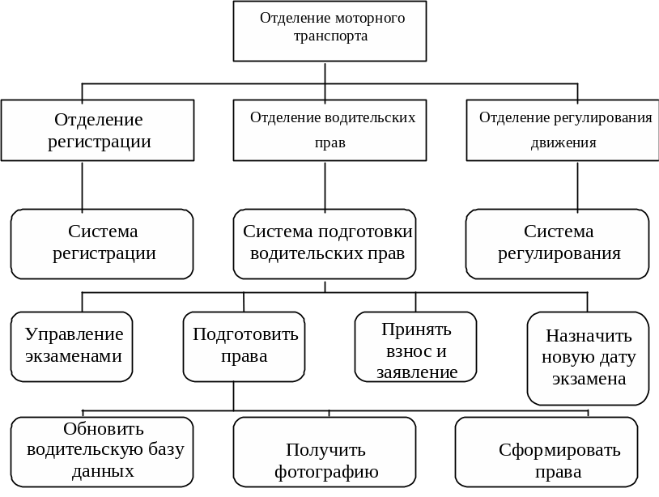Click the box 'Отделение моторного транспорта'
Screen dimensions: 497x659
tap(329, 31)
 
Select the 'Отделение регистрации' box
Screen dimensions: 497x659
tap(98, 130)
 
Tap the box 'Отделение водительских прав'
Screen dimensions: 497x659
tap(329, 130)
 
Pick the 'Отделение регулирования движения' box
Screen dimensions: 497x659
tap(563, 130)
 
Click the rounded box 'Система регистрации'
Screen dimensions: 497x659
tap(102, 244)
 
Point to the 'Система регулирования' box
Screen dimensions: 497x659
tap(558, 244)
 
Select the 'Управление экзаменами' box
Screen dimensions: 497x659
tap(72, 346)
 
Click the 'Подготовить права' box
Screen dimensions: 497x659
tap(244, 346)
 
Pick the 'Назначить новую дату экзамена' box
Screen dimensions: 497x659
tap(588, 358)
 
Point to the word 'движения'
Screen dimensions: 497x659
tap(563, 143)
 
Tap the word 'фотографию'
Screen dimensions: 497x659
tap(326, 472)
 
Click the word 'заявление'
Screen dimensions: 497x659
tap(417, 372)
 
